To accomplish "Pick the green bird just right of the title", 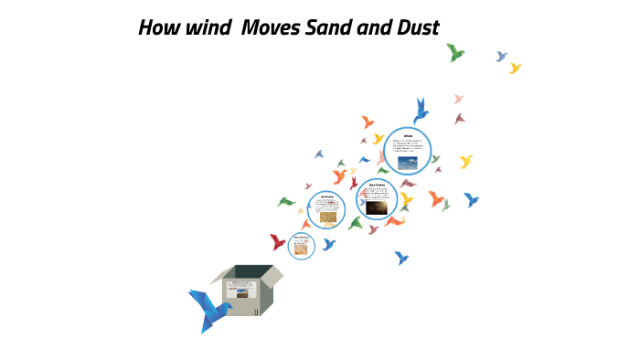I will click(x=455, y=53).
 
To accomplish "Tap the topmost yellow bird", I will click(x=515, y=68).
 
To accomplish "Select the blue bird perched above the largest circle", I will click(x=421, y=111).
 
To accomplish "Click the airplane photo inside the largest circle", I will click(x=407, y=162).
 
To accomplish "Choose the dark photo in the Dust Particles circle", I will click(x=376, y=208).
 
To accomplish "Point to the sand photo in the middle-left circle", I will click(x=326, y=217).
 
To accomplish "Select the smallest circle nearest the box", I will click(x=302, y=245).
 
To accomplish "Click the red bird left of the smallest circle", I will click(x=278, y=241).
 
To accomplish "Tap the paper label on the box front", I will click(x=240, y=293).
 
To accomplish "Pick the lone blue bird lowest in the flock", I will click(x=400, y=259).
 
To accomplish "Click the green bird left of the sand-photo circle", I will click(x=287, y=201).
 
